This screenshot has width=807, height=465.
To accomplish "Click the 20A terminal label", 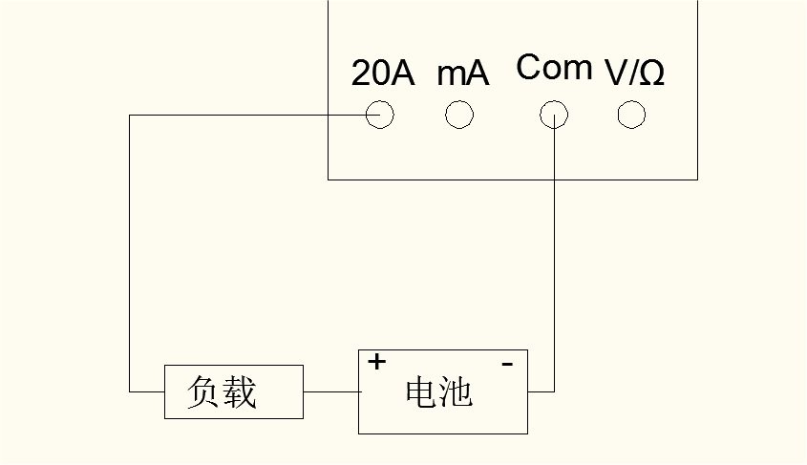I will click(x=383, y=74).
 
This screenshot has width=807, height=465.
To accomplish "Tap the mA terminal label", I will click(x=463, y=74).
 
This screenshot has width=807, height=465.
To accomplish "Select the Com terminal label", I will click(x=554, y=68).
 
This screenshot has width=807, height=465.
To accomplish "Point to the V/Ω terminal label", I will click(x=634, y=73).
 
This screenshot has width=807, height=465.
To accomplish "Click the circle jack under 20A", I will click(x=380, y=116).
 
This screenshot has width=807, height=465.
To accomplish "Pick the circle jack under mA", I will click(x=459, y=116).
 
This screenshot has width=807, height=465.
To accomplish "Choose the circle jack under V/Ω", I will click(x=631, y=116).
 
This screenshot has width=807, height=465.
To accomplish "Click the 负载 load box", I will click(x=234, y=391).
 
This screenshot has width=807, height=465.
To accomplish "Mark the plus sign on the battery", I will click(x=377, y=362).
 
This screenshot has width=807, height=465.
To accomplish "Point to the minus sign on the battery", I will click(x=508, y=363).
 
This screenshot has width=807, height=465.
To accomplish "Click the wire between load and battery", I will click(x=331, y=391).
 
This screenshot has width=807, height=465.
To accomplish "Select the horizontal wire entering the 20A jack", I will click(x=248, y=116).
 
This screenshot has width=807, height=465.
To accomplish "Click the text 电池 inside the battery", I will click(x=439, y=392).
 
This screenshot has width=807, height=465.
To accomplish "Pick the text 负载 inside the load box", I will click(x=223, y=391).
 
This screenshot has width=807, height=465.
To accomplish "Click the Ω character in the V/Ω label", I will click(x=650, y=74).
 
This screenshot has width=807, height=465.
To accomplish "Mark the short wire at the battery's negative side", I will click(x=542, y=391).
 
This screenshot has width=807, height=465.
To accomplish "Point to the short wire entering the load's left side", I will click(x=147, y=391).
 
